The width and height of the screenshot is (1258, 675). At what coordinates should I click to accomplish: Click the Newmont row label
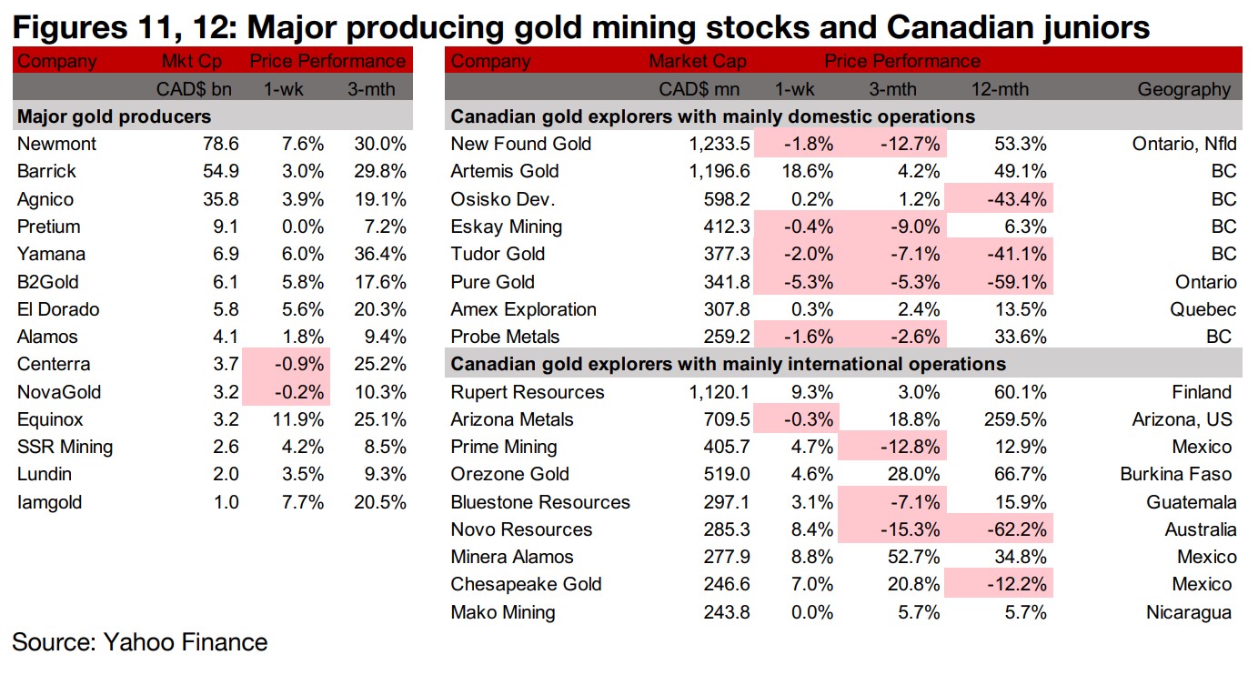[x=56, y=144]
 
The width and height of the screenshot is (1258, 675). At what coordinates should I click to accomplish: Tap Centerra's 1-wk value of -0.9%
[x=301, y=365]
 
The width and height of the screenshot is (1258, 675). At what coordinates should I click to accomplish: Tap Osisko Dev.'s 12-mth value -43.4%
[x=1013, y=199]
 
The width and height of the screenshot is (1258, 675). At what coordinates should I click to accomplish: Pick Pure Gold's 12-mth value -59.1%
[x=1013, y=282]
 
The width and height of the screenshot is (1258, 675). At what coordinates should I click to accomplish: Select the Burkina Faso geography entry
[x=1178, y=475]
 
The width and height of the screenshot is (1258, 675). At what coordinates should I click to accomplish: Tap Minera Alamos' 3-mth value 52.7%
[x=910, y=557]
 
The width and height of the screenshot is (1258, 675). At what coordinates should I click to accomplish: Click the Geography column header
[x=1183, y=89]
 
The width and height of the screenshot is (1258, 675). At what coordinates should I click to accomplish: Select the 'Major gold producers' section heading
[x=115, y=116]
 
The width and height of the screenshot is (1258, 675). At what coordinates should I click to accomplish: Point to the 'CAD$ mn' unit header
[x=704, y=89]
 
